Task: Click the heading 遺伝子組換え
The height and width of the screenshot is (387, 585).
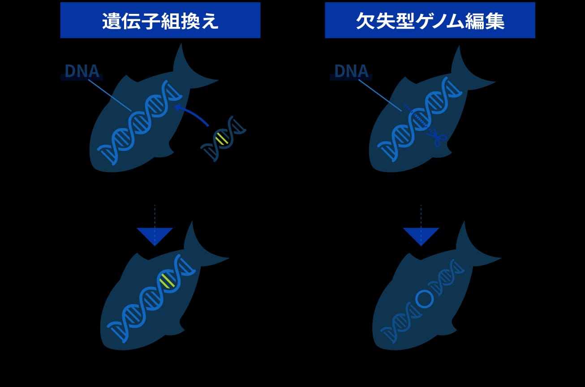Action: [x=160, y=21]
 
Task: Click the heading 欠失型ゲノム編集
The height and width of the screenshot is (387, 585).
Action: [x=430, y=21]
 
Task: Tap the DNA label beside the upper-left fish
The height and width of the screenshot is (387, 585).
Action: [x=82, y=71]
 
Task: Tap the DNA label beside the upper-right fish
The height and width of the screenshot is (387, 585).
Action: [x=351, y=71]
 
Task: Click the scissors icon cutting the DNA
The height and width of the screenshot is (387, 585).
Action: [x=437, y=136]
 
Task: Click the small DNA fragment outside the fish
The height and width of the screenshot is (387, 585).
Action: [x=223, y=138]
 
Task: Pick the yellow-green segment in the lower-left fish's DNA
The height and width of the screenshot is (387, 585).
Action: [x=167, y=280]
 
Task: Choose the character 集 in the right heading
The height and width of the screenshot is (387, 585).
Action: [x=495, y=21]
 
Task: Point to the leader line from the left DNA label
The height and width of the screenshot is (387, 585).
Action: [x=110, y=95]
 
